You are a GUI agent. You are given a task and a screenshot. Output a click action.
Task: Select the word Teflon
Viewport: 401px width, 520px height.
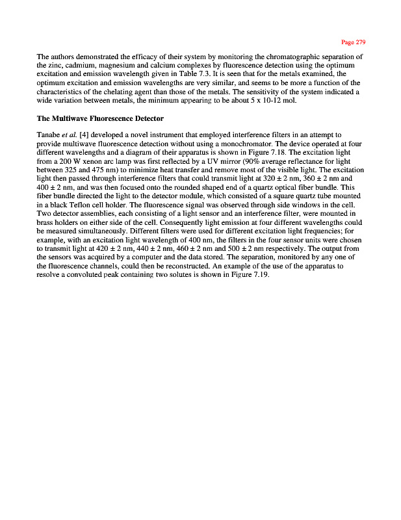pos(80,205)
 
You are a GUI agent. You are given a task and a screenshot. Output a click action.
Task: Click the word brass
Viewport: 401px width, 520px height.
pos(47,222)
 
